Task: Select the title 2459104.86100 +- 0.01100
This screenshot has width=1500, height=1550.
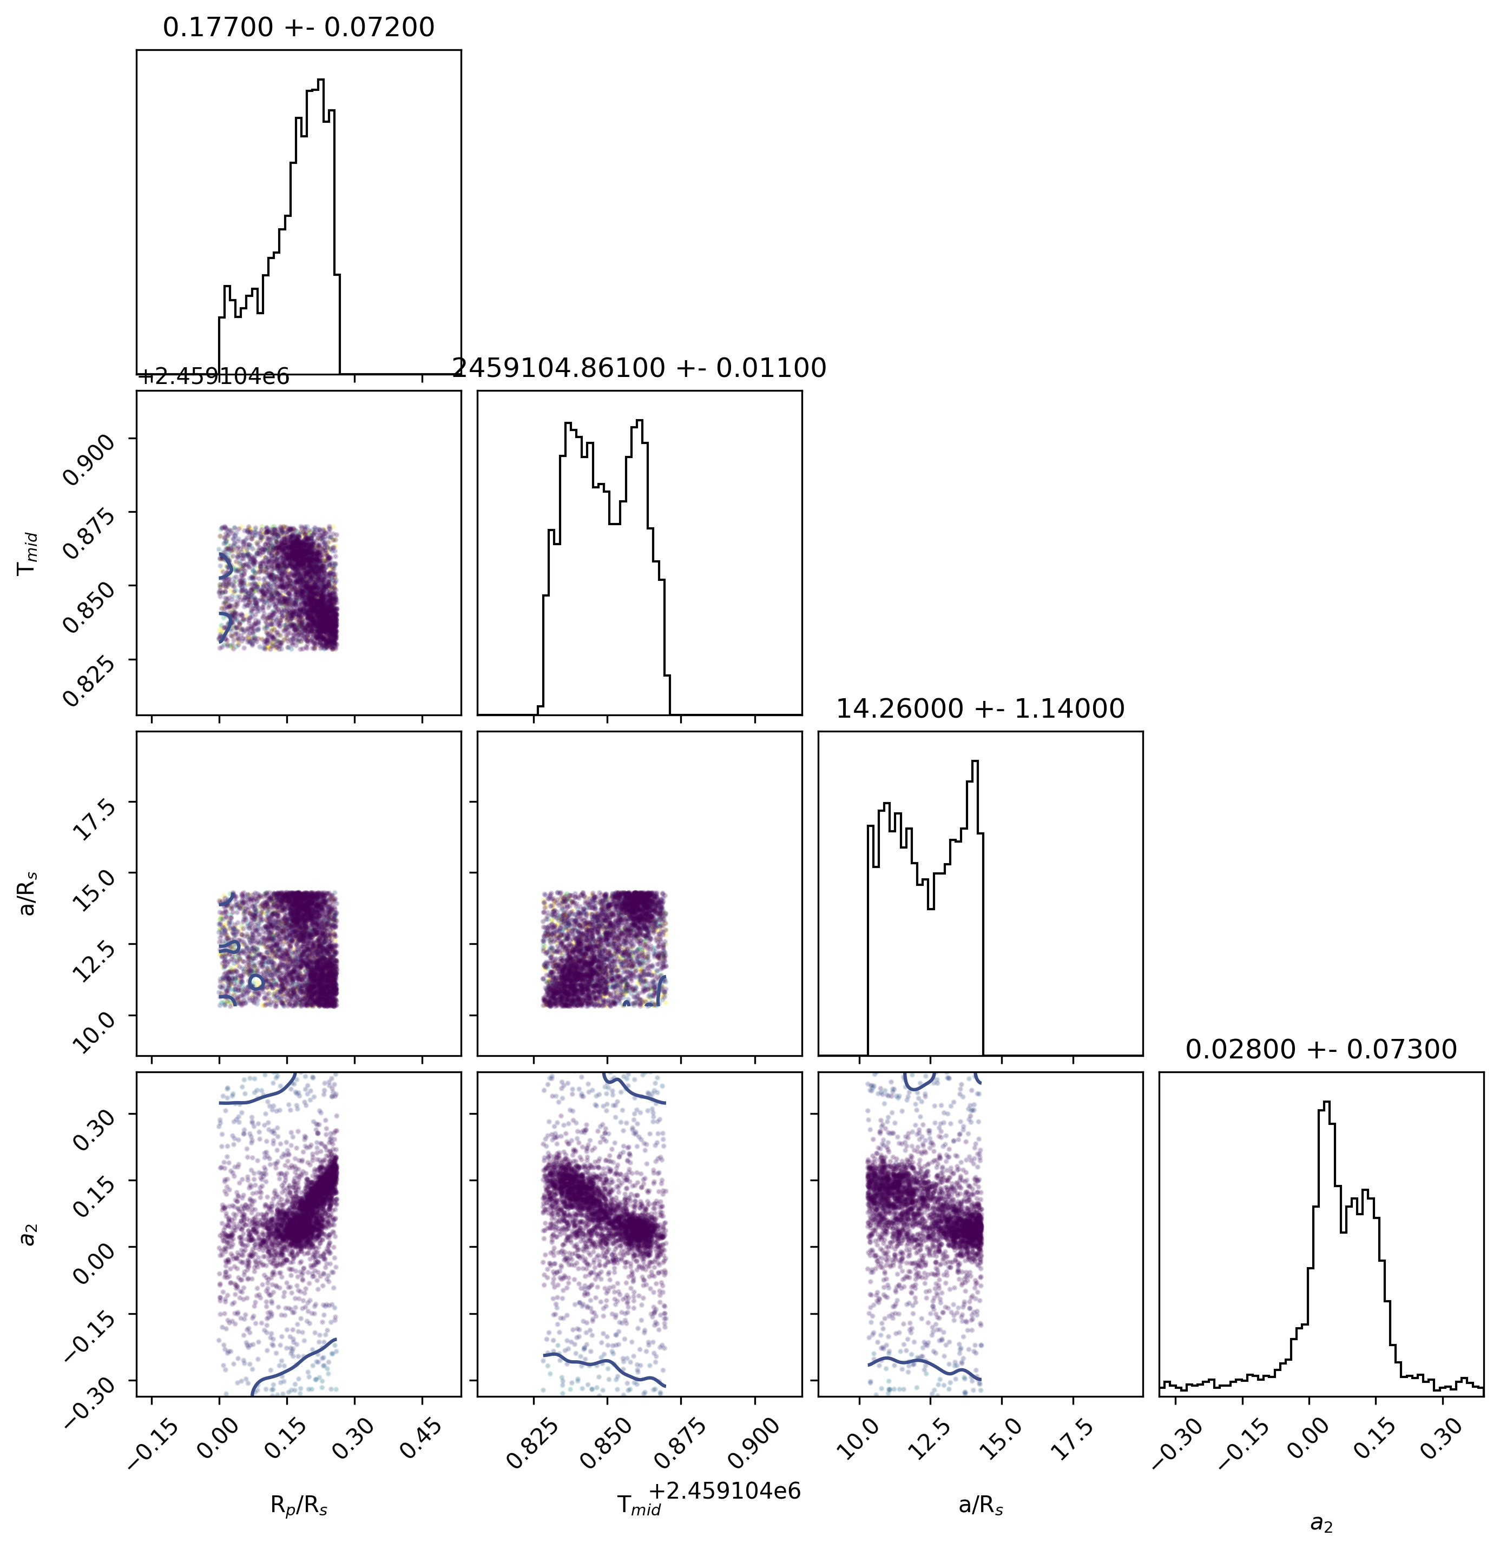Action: (x=639, y=368)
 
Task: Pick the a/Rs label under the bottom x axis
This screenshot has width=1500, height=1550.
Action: (x=980, y=1506)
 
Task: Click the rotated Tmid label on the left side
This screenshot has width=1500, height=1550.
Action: (x=28, y=553)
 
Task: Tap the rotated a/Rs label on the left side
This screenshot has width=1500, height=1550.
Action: (x=28, y=893)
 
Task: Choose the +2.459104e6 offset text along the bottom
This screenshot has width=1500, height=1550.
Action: (x=724, y=1491)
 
